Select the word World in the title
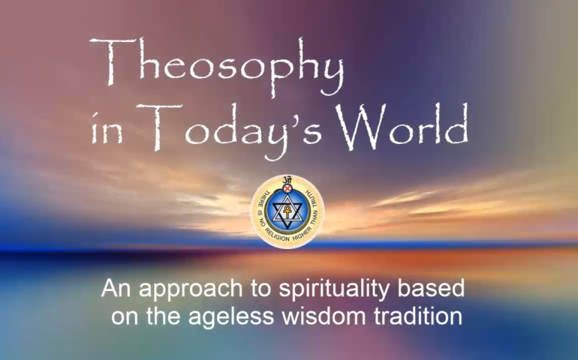click(x=402, y=125)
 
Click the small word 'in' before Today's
click(x=107, y=130)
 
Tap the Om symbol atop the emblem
click(x=287, y=180)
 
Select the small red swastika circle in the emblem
click(x=287, y=189)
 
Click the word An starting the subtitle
click(x=116, y=288)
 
